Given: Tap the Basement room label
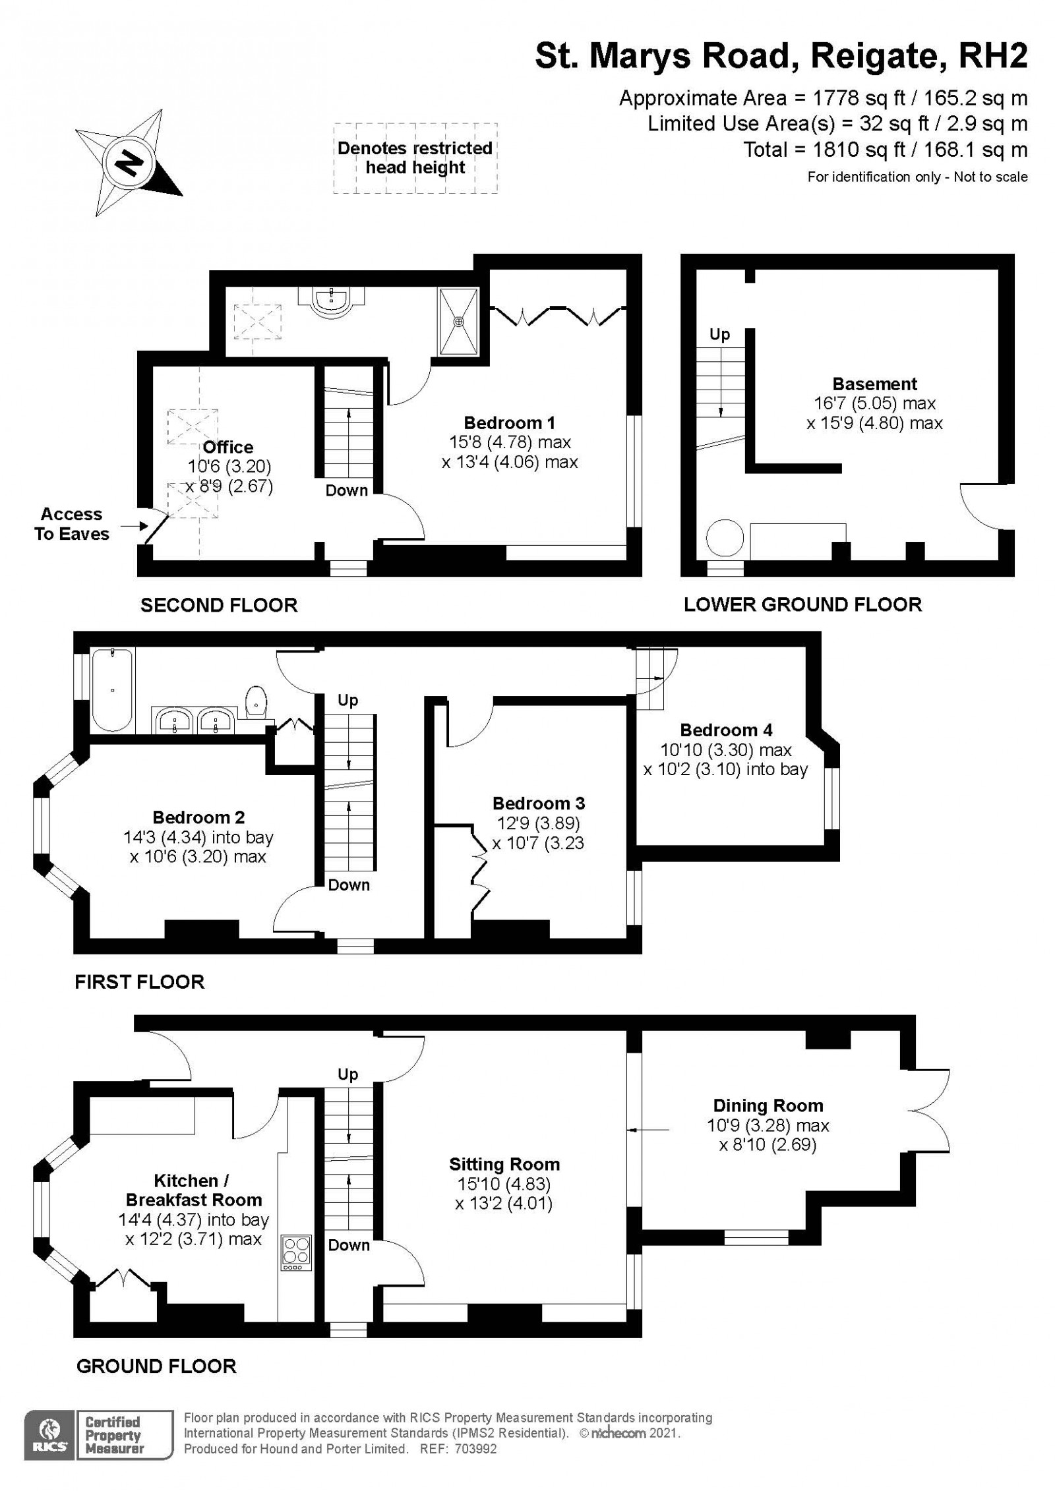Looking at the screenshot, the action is coord(874,384).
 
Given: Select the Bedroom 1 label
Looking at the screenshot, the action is coord(509,423).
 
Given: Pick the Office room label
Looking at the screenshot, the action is coord(228,448).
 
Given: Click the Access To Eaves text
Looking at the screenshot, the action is coord(71,524).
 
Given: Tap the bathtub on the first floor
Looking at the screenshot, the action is coord(113,689).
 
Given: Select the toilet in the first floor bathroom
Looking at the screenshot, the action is coord(256,700).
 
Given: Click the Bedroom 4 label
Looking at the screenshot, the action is coord(726,730).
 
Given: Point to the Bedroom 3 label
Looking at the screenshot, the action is coord(539,804).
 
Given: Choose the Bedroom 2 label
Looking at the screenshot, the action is coord(198,817).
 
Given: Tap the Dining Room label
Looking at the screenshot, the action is coord(768,1105).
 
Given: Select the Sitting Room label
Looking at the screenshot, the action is coord(504,1164).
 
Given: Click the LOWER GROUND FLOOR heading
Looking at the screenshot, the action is coord(802,604).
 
